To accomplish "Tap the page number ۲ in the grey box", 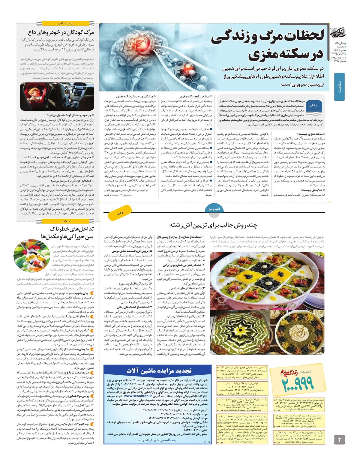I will (x=340, y=439).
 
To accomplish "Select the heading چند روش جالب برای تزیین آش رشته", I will (x=213, y=225).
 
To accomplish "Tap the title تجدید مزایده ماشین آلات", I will (x=159, y=371).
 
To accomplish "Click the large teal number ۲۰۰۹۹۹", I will (x=298, y=383).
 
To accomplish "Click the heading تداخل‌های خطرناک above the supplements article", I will (x=72, y=229).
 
